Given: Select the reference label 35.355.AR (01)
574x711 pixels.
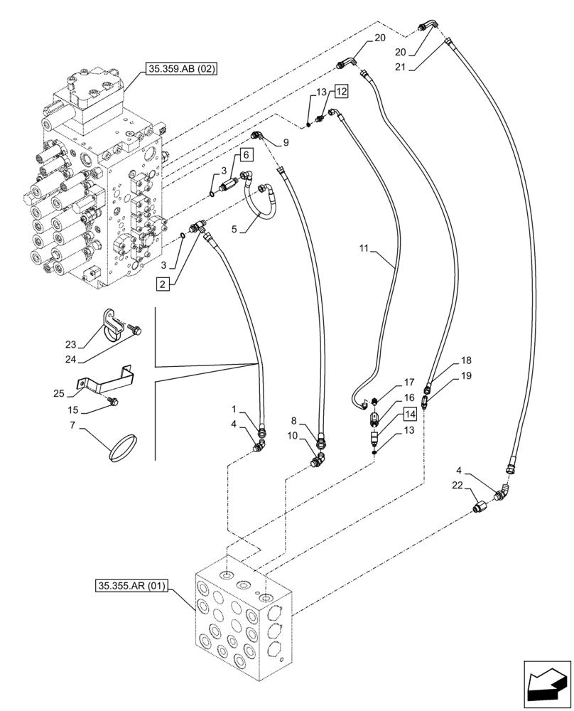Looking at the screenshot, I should coord(129,586).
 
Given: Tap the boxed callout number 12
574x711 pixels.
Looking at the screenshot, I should coord(342,91).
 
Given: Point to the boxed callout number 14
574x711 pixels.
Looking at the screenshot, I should coord(411,413).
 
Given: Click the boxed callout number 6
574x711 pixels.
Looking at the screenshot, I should coord(245,154).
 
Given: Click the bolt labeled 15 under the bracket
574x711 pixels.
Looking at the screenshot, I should coord(112,402).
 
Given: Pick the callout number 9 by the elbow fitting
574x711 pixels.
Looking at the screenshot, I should coord(286,142).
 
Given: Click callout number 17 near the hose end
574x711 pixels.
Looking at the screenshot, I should coord(409,382).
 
